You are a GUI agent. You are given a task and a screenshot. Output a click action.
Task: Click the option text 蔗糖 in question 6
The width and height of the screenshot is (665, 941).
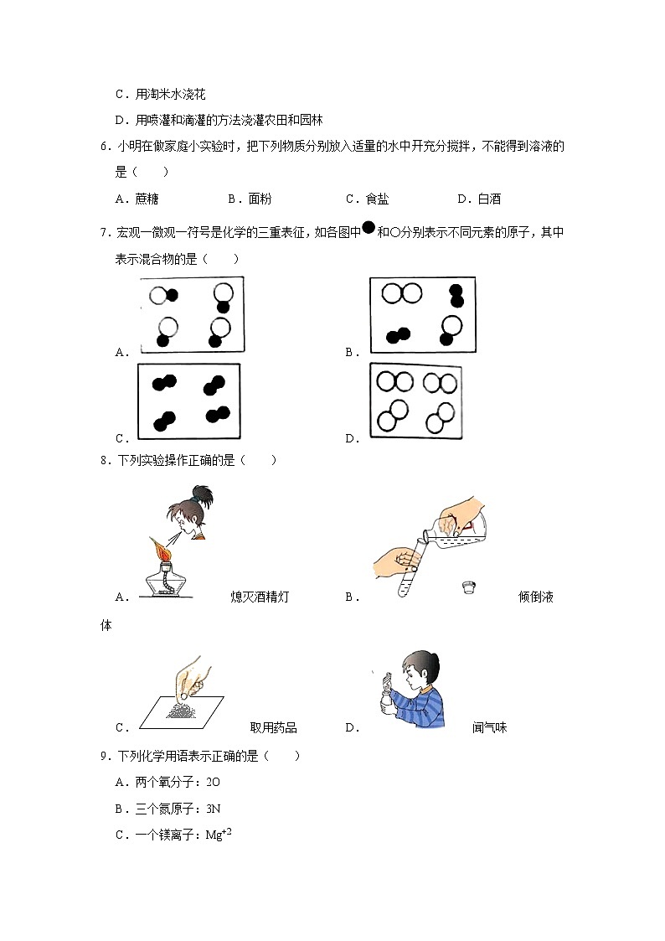coord(147,199)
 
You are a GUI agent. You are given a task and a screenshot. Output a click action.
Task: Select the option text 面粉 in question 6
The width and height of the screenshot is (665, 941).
coord(260,199)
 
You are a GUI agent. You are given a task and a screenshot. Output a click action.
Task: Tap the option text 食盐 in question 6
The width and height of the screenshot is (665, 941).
coord(378,199)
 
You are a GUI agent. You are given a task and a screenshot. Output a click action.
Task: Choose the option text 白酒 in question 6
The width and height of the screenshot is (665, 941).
coord(490,199)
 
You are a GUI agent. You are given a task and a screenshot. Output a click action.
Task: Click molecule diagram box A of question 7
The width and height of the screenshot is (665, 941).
coord(192,316)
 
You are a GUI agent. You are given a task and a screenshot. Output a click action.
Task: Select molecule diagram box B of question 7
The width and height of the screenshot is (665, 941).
coord(421,316)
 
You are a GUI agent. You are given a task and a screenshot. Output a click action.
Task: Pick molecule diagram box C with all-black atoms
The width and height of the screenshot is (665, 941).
coord(188,401)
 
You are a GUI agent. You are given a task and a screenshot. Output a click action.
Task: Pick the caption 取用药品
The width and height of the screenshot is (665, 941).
coord(273,728)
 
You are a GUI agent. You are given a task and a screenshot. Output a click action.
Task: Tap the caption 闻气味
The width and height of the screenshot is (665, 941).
coord(489,728)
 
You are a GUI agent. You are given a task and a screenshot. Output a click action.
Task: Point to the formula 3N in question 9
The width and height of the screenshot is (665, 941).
coord(212,809)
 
